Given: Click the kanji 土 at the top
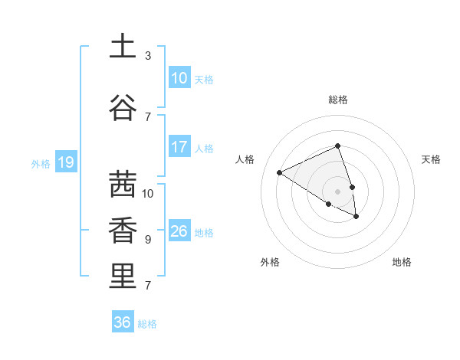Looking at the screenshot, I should [123, 46].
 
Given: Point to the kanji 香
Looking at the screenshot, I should [123, 231].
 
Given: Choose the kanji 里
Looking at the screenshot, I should [123, 277].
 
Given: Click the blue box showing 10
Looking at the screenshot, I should [179, 78].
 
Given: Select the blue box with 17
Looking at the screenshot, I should [179, 147].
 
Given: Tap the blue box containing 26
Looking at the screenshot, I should [179, 231].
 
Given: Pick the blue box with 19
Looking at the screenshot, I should [65, 162].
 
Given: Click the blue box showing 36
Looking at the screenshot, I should [123, 322].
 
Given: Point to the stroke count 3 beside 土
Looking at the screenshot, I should [148, 56].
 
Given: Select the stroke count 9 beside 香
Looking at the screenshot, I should [148, 240].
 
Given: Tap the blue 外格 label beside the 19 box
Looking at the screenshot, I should [41, 163].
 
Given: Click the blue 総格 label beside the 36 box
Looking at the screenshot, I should [148, 324].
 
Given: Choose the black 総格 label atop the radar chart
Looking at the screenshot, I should [338, 100].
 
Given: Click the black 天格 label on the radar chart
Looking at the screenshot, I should [432, 159].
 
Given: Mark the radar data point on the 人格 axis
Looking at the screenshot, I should [280, 172].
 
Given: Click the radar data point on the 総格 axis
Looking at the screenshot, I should [338, 146].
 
